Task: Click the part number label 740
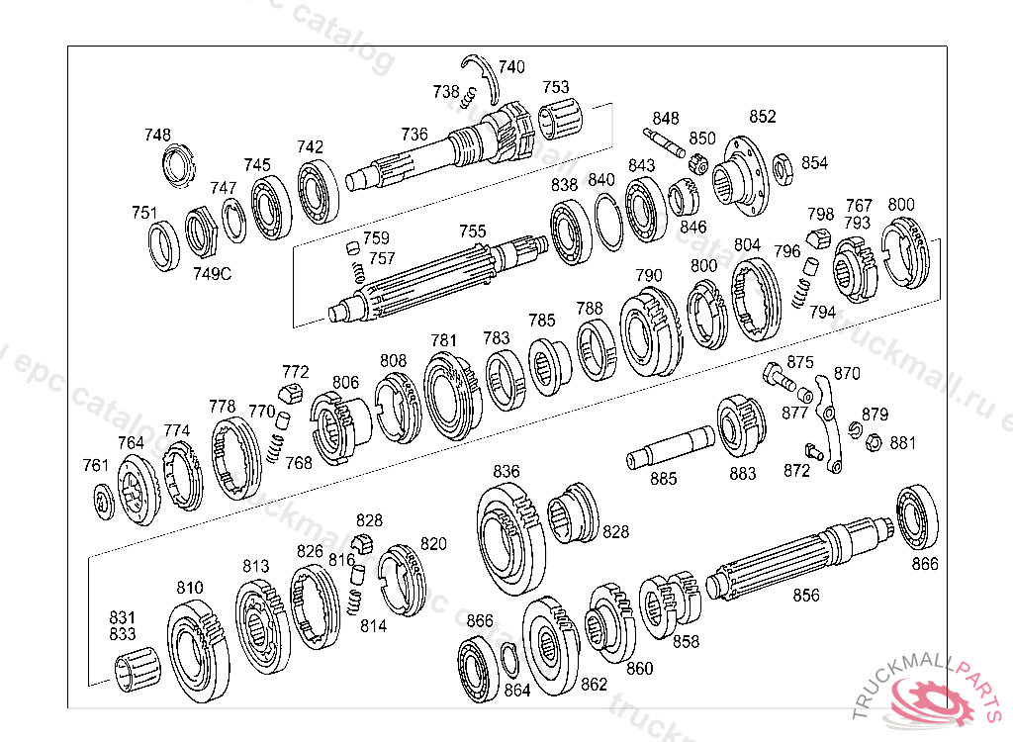coord(511,67)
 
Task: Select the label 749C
coord(212,274)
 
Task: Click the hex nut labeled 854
coord(783,169)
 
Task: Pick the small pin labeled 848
coord(664,142)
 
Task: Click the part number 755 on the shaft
coord(472,232)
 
